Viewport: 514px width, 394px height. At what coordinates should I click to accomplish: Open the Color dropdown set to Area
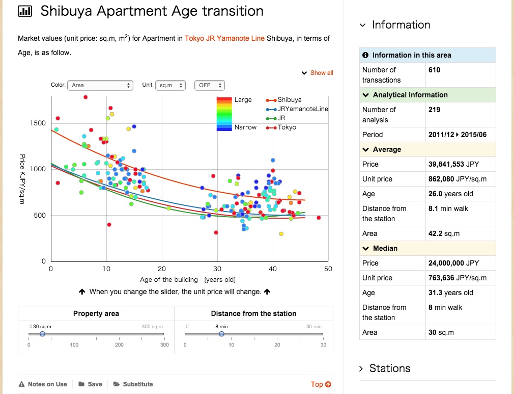tap(100, 85)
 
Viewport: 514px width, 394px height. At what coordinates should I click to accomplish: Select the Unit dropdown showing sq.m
tap(170, 85)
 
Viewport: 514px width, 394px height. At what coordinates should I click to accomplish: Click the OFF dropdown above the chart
tap(209, 85)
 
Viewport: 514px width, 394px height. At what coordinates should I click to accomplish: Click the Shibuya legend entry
tap(289, 100)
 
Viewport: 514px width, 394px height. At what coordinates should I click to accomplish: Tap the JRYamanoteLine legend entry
tap(302, 109)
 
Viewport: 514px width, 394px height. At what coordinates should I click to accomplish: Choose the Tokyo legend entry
tap(287, 127)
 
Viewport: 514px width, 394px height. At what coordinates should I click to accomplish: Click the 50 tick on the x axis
tap(328, 269)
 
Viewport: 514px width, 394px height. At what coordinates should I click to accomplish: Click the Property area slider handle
tap(42, 334)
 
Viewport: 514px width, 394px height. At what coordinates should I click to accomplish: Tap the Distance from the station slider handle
tap(221, 334)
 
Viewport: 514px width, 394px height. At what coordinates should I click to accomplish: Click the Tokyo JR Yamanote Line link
tap(224, 39)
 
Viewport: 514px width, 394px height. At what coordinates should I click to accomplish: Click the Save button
tap(90, 384)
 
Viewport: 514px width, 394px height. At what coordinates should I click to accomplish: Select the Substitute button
tap(133, 384)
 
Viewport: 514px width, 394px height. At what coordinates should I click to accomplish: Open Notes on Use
tap(43, 384)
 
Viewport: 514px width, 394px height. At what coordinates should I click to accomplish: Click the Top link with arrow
tap(321, 384)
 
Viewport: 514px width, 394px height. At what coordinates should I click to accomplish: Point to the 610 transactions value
tap(434, 70)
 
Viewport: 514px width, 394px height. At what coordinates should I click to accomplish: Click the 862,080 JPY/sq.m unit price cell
tap(458, 179)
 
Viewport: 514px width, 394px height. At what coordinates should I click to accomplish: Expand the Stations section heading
tap(389, 369)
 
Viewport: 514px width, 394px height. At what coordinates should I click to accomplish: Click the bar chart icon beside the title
tap(24, 11)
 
